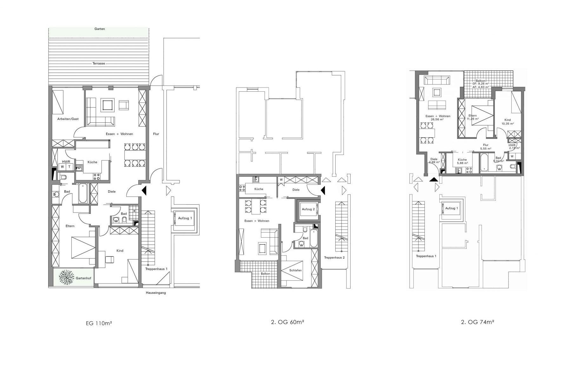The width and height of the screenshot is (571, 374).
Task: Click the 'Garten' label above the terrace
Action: [100, 29]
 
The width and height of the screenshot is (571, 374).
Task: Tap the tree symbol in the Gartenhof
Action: [67, 277]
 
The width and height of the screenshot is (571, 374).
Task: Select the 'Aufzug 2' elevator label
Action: [308, 209]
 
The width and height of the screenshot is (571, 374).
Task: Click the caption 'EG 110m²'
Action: [99, 324]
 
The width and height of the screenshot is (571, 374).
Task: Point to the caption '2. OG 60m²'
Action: [288, 322]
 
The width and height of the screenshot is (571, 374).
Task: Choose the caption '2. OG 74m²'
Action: [478, 322]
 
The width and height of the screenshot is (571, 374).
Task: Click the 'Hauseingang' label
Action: [156, 293]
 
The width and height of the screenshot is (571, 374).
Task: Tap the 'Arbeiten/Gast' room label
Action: [68, 119]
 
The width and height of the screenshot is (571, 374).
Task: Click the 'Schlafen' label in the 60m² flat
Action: [295, 270]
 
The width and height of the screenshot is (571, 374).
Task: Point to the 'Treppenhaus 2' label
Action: [334, 258]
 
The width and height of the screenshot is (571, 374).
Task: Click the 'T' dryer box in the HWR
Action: [69, 167]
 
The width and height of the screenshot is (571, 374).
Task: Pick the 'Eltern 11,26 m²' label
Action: [473, 117]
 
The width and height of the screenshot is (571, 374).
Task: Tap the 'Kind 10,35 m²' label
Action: [508, 122]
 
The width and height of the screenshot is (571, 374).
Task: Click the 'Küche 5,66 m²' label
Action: [462, 161]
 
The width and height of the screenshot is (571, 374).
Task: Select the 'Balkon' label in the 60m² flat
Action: [265, 273]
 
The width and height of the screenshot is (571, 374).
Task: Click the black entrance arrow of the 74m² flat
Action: [434, 179]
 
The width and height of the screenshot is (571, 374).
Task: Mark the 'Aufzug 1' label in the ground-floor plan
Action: [185, 218]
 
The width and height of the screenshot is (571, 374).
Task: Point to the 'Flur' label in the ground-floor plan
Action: [156, 134]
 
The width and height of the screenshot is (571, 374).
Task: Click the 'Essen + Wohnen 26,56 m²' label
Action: [438, 118]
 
